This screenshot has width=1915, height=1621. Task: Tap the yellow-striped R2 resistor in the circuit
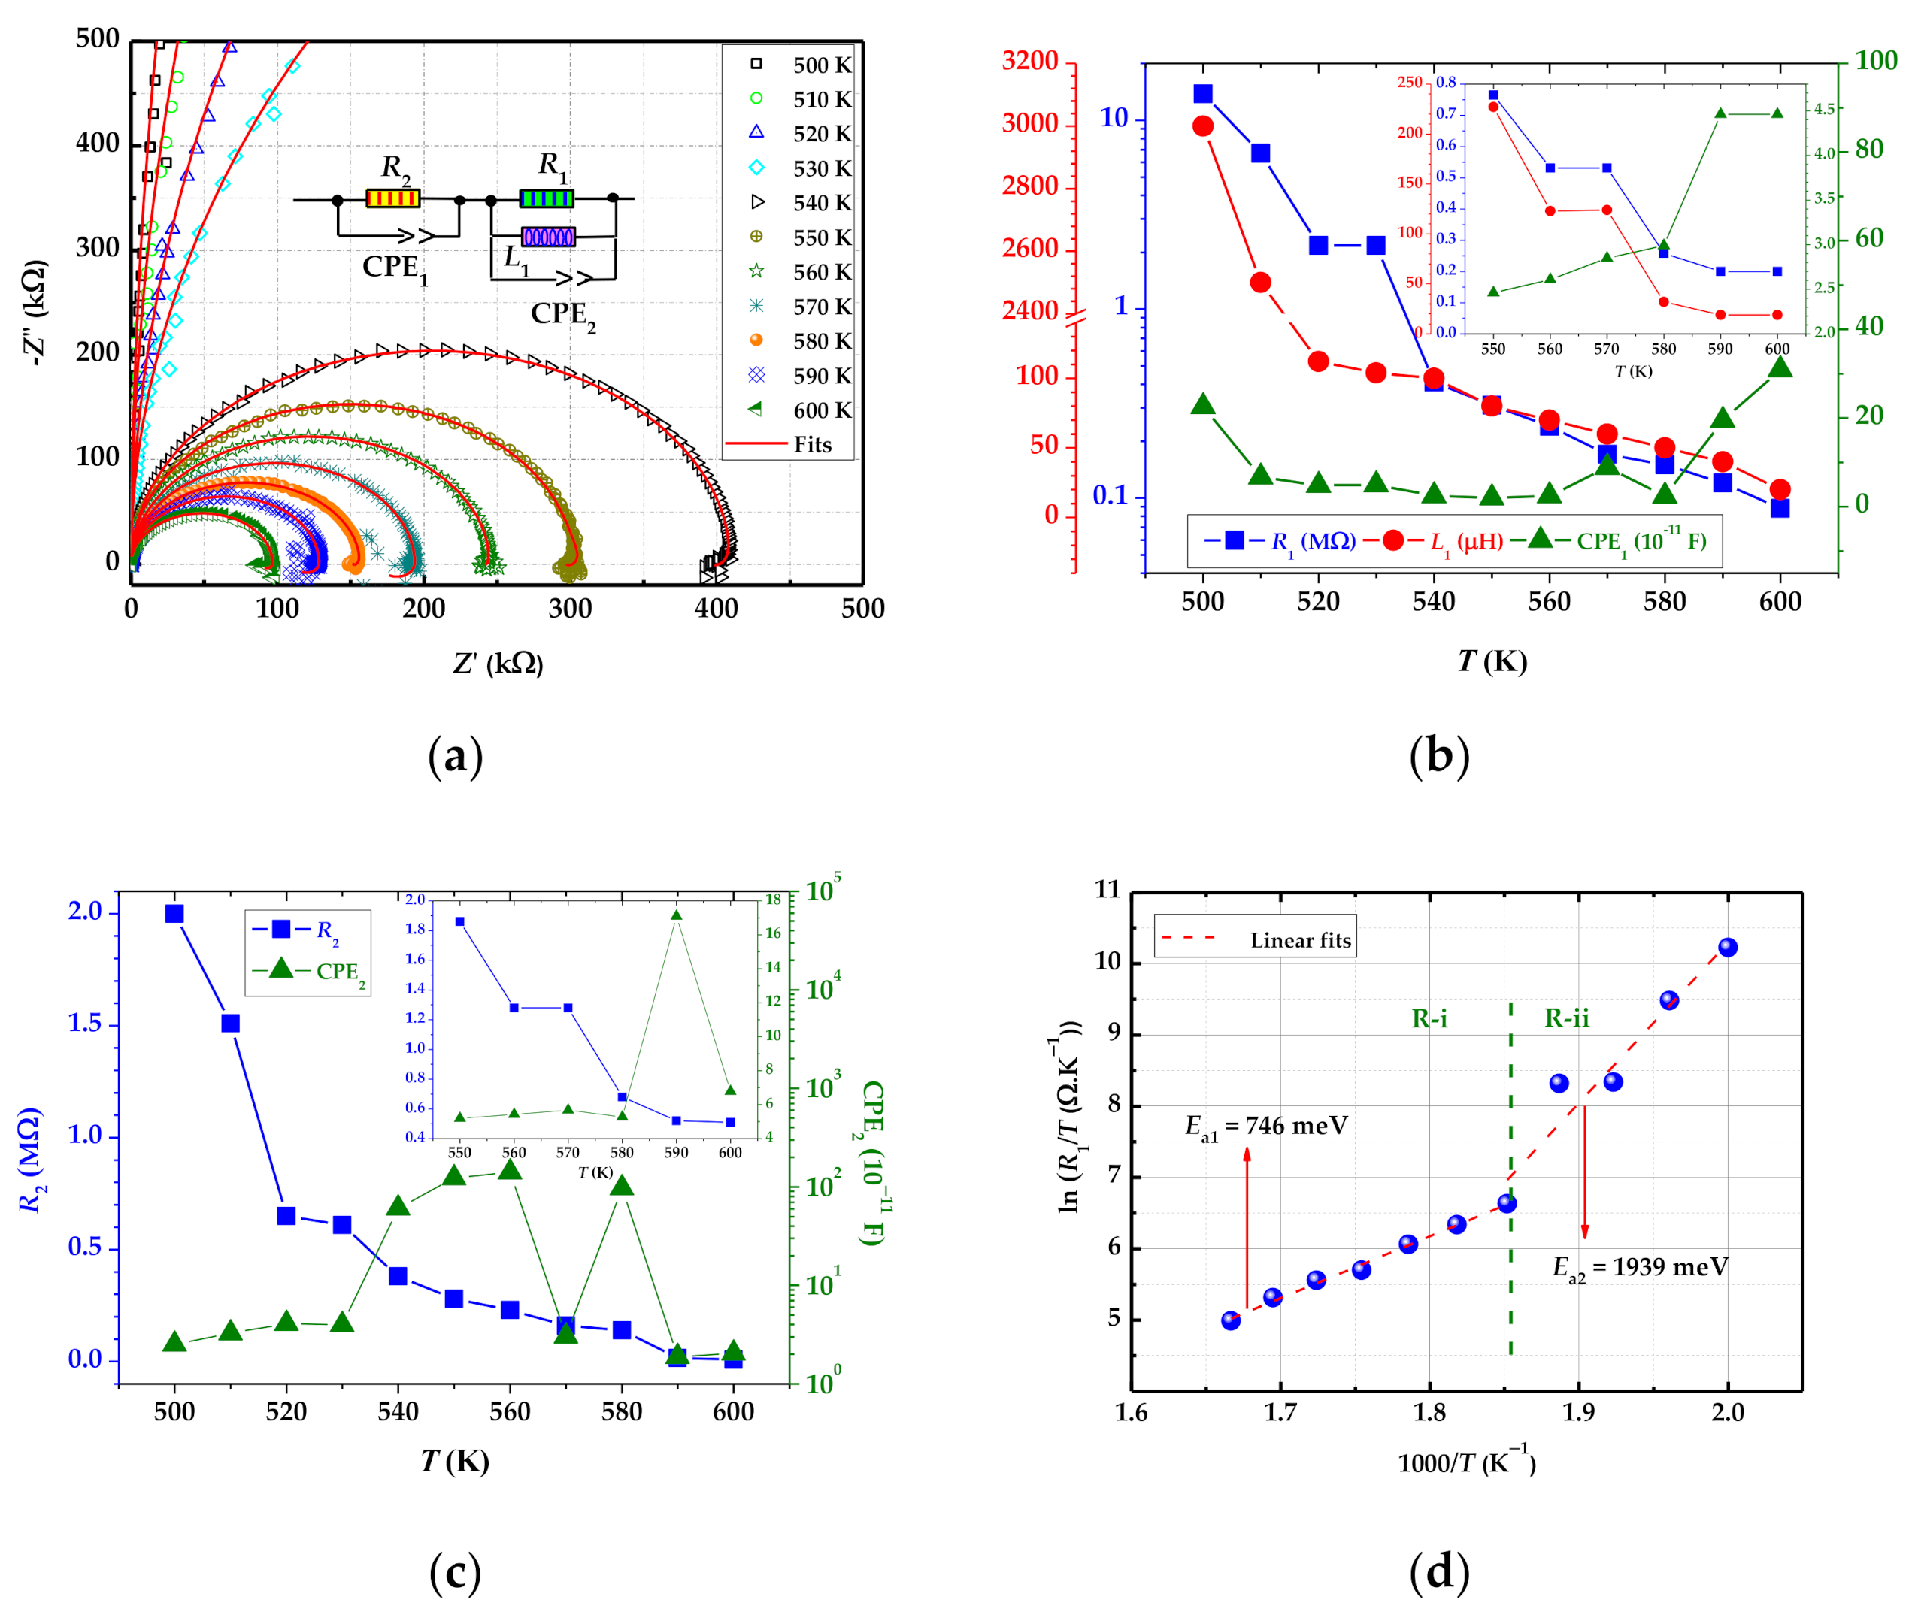coord(392,198)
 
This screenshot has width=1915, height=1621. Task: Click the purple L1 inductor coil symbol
coord(548,237)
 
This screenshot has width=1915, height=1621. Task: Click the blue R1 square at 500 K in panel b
coord(1202,94)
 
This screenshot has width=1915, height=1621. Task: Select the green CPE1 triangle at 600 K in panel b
coord(1780,367)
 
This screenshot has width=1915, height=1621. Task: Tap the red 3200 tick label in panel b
coord(1029,61)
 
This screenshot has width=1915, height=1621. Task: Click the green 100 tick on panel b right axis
coord(1875,61)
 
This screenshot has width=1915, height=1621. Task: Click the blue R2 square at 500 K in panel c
coord(174,913)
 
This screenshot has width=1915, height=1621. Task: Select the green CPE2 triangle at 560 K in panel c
coord(511,1170)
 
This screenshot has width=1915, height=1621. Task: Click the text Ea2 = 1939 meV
coord(1639,1267)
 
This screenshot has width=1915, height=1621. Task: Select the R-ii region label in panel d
coord(1567,1018)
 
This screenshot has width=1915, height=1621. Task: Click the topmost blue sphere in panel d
coord(1728,948)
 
